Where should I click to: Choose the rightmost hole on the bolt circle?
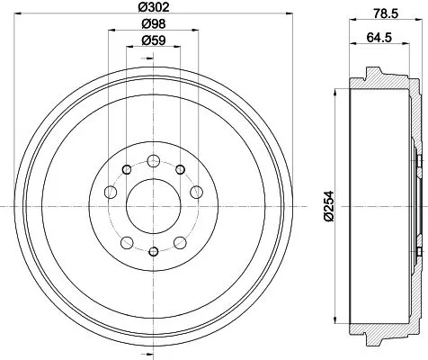[x=196, y=191]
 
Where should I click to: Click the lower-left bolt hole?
[x=127, y=241]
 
